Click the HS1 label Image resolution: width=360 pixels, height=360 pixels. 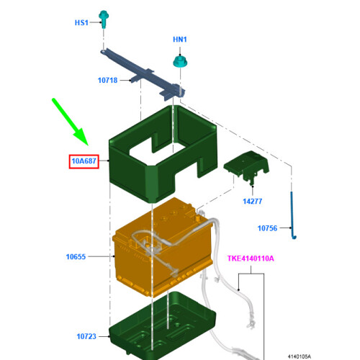81,23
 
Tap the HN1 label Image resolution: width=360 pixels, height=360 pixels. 180,40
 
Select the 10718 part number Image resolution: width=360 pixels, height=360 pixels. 107,80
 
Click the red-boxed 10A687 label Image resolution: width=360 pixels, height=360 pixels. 84,161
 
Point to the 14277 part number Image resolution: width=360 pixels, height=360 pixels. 253,202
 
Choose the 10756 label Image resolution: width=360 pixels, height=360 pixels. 267,228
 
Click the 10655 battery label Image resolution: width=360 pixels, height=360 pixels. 76,257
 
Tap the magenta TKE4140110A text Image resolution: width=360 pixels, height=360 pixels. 251,258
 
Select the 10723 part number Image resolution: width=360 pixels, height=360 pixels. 86,336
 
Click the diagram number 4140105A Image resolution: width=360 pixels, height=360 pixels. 300,356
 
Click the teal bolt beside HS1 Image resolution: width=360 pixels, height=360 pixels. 104,19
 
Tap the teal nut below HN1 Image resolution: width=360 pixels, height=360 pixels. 180,62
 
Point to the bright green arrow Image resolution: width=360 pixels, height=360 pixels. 71,122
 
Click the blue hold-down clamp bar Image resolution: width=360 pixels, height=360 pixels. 143,73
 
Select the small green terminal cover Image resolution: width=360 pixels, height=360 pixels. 246,167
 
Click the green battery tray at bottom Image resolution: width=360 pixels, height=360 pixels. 163,326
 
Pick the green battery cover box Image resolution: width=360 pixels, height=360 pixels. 163,153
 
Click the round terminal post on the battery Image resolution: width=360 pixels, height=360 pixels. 198,218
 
